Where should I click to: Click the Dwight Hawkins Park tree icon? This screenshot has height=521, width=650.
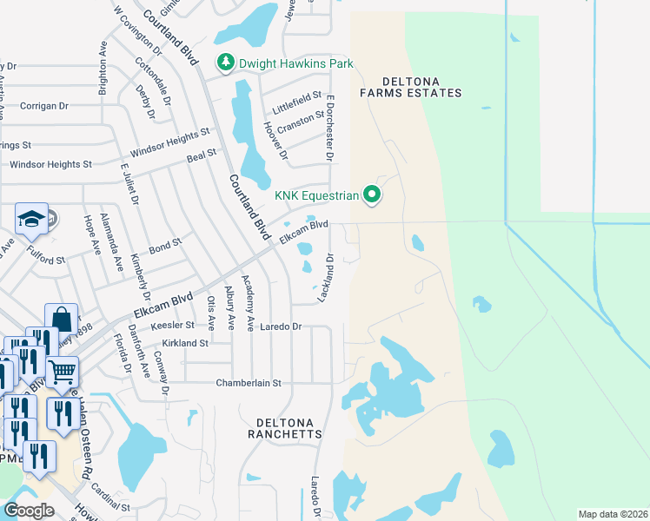226,63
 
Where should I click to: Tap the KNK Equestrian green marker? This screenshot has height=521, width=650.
373,195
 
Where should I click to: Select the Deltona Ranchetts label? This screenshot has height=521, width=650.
285,427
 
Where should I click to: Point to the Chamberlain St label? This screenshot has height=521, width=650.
249,383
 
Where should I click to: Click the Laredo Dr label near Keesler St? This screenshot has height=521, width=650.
283,327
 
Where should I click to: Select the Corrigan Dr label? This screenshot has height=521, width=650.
40,106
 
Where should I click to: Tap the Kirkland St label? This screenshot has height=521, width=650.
180,343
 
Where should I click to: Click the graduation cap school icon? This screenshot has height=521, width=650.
31,221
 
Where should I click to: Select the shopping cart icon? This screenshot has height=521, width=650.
63,372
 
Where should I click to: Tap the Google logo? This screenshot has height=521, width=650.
30,511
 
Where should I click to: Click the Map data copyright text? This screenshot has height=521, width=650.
613,514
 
